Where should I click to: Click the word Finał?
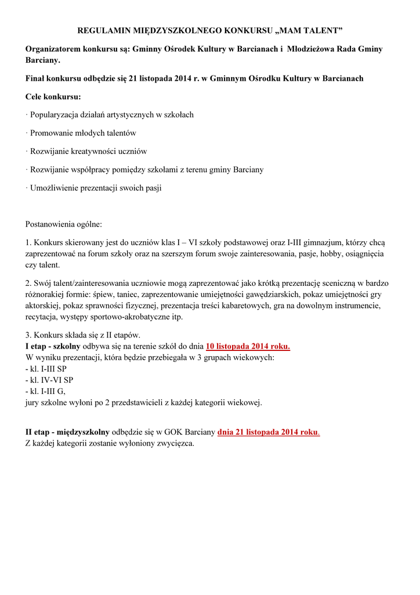37,78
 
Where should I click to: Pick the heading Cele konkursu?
53,96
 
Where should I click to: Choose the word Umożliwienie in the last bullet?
54,188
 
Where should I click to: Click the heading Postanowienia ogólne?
63,224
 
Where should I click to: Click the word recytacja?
42,317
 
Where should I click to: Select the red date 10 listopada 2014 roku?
248,346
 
